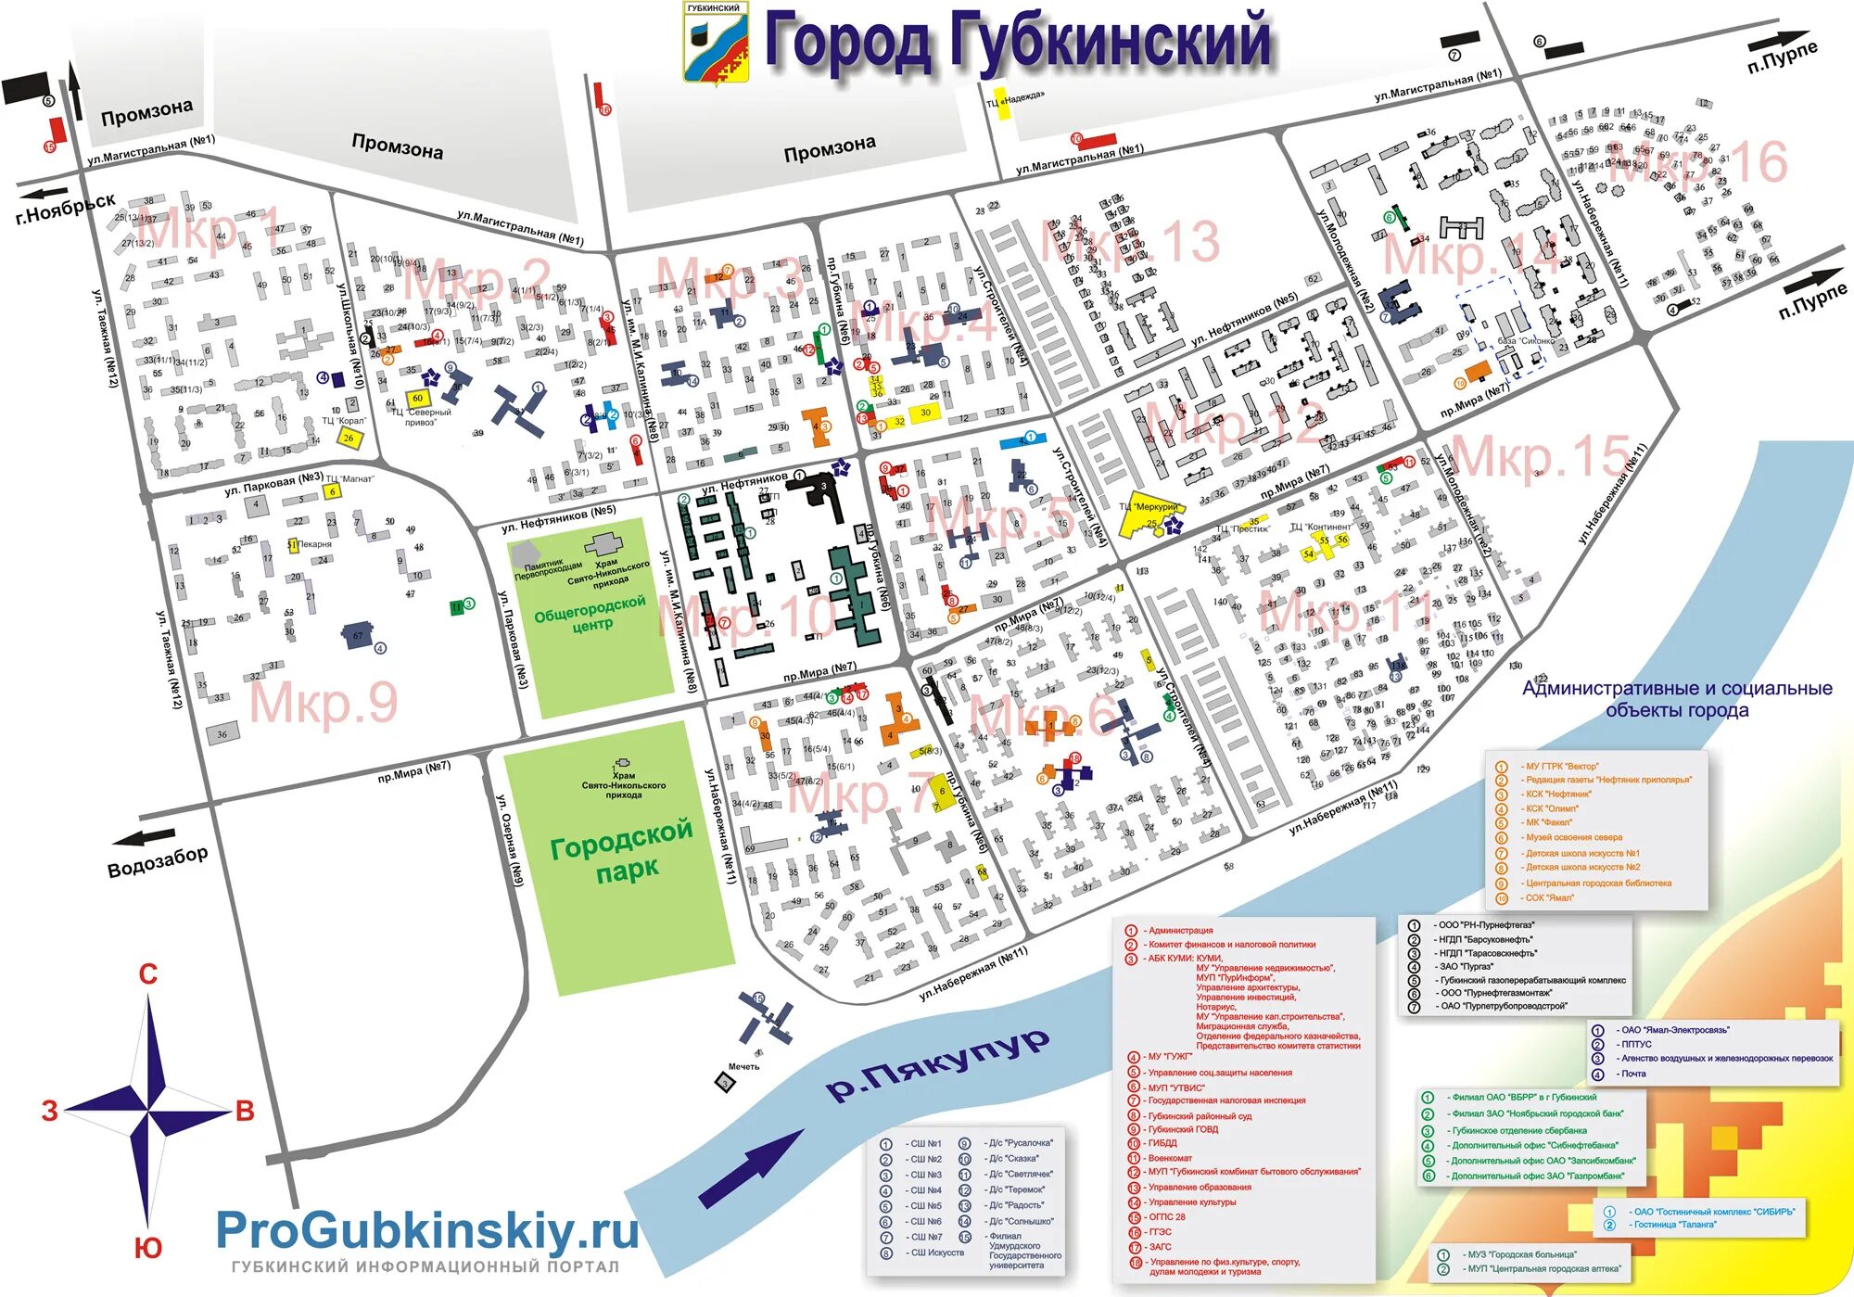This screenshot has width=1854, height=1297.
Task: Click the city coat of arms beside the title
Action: click(715, 42)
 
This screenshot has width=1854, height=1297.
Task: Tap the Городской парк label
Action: click(622, 849)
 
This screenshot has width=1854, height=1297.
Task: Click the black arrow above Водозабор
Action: click(144, 838)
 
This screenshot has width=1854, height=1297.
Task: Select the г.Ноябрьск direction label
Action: click(66, 208)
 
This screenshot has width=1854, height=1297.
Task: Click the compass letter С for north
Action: click(148, 974)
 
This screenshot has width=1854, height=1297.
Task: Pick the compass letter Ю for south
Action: click(148, 1248)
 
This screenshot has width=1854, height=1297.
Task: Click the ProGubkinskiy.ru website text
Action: click(427, 1231)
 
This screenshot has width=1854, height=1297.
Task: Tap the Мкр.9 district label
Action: click(324, 702)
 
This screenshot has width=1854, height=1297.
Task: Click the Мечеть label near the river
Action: click(743, 1066)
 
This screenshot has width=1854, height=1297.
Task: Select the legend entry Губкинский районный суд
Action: click(1200, 1116)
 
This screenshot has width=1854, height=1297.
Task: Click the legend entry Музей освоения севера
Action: click(1574, 837)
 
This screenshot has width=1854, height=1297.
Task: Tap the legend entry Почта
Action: click(1633, 1074)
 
